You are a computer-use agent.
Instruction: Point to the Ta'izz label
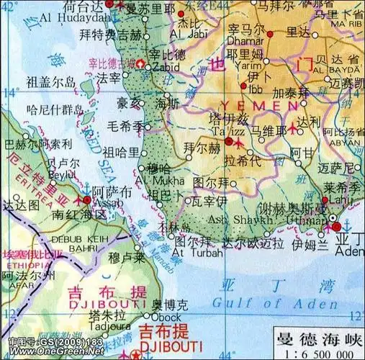(228, 131)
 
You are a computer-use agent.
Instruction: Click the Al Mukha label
(169, 180)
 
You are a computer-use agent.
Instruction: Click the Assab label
(108, 203)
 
